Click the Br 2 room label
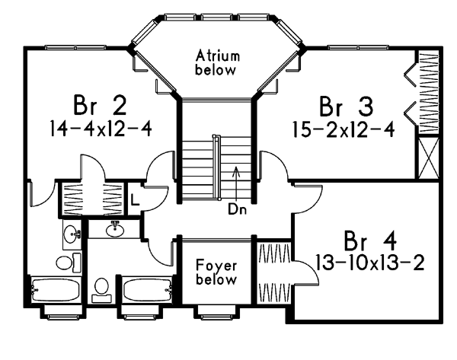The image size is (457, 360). (100, 105)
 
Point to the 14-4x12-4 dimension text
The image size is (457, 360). (101, 129)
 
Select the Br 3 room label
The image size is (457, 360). (346, 107)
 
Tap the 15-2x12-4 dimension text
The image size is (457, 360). (344, 129)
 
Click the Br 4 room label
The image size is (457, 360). (370, 241)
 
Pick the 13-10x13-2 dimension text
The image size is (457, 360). (369, 263)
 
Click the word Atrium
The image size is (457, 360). (218, 56)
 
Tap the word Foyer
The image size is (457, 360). (216, 266)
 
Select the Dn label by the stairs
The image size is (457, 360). (237, 209)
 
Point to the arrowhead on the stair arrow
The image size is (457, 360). (236, 170)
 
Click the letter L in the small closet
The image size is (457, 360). (134, 199)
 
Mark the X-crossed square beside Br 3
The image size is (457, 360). (428, 158)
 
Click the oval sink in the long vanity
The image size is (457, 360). (115, 230)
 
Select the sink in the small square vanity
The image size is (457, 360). (72, 234)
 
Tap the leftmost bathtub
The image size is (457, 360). (55, 290)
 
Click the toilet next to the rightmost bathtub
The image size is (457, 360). (101, 289)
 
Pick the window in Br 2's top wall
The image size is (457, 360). (75, 47)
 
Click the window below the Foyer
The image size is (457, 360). (216, 317)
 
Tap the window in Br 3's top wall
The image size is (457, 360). (358, 47)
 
